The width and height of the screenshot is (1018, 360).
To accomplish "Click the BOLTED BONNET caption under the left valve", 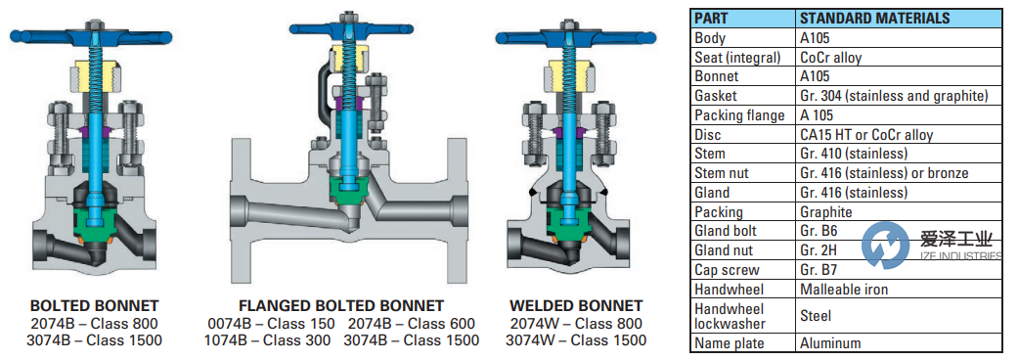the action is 95,305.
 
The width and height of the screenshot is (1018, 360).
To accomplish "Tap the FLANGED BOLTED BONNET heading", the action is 341,306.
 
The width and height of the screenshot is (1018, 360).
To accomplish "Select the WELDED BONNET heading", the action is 577,305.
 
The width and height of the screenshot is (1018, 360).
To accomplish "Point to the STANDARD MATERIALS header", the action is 875,19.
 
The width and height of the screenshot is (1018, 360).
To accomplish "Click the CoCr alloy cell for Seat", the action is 831,57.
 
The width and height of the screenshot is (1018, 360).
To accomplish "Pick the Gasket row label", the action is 716,96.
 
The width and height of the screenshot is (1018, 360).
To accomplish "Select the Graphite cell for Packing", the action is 825,212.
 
